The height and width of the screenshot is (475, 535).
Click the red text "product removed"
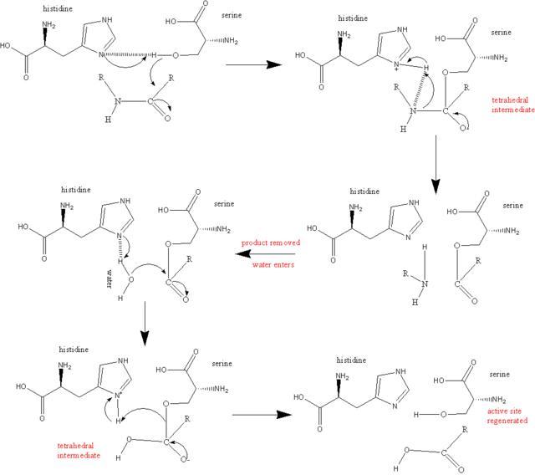[x=271, y=243]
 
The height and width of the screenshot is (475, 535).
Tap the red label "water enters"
[x=273, y=264]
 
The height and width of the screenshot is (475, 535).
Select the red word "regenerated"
[x=507, y=421]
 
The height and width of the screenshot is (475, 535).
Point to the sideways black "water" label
[x=110, y=279]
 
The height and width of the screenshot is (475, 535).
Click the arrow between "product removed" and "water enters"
[x=265, y=254]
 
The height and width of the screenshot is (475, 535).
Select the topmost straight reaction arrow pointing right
[x=254, y=64]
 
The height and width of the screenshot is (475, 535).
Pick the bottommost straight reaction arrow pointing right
[x=262, y=415]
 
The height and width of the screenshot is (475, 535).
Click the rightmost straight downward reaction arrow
[x=436, y=165]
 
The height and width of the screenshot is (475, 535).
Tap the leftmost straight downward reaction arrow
[x=145, y=323]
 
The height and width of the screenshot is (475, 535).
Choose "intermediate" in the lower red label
[x=79, y=456]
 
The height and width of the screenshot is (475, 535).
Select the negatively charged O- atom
[x=185, y=459]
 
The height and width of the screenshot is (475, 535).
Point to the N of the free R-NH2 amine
[x=425, y=283]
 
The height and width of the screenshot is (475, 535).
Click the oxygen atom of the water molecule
[x=131, y=280]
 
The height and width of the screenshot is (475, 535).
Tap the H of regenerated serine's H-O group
[x=416, y=415]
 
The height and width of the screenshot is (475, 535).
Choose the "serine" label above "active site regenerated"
[x=500, y=375]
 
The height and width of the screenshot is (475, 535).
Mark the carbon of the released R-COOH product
[x=444, y=453]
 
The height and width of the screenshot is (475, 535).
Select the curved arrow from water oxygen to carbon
[x=149, y=265]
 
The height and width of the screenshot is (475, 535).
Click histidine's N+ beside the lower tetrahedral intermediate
[x=118, y=396]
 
